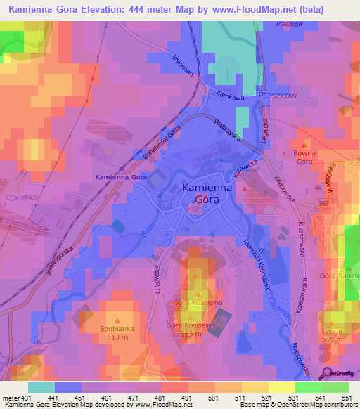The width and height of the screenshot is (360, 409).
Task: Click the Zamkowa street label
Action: click(x=230, y=96)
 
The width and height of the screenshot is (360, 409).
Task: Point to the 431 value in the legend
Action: click(x=25, y=398)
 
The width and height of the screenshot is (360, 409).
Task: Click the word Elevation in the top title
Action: click(x=107, y=8)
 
